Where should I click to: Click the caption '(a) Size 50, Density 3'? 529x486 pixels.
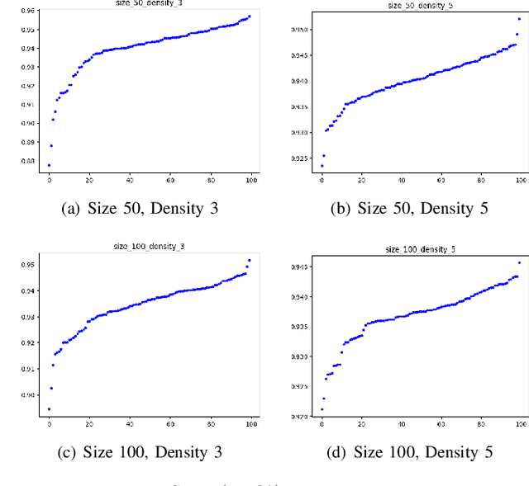(141, 209)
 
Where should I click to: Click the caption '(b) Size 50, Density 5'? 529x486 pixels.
(409, 209)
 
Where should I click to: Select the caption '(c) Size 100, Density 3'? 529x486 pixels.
(141, 452)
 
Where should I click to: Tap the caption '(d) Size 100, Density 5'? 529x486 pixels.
(409, 452)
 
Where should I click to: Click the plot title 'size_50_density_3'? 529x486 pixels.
(150, 3)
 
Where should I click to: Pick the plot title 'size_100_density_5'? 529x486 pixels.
(421, 248)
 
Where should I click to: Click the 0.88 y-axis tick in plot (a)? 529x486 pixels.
(29, 162)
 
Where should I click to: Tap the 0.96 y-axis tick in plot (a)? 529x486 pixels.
(29, 11)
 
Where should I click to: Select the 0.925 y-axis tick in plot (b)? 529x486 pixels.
(298, 158)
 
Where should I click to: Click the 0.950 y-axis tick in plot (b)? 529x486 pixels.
(298, 30)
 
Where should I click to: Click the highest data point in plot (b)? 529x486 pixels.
(519, 18)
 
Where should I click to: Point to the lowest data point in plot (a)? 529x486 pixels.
(49, 165)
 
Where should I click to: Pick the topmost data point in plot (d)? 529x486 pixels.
(519, 262)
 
